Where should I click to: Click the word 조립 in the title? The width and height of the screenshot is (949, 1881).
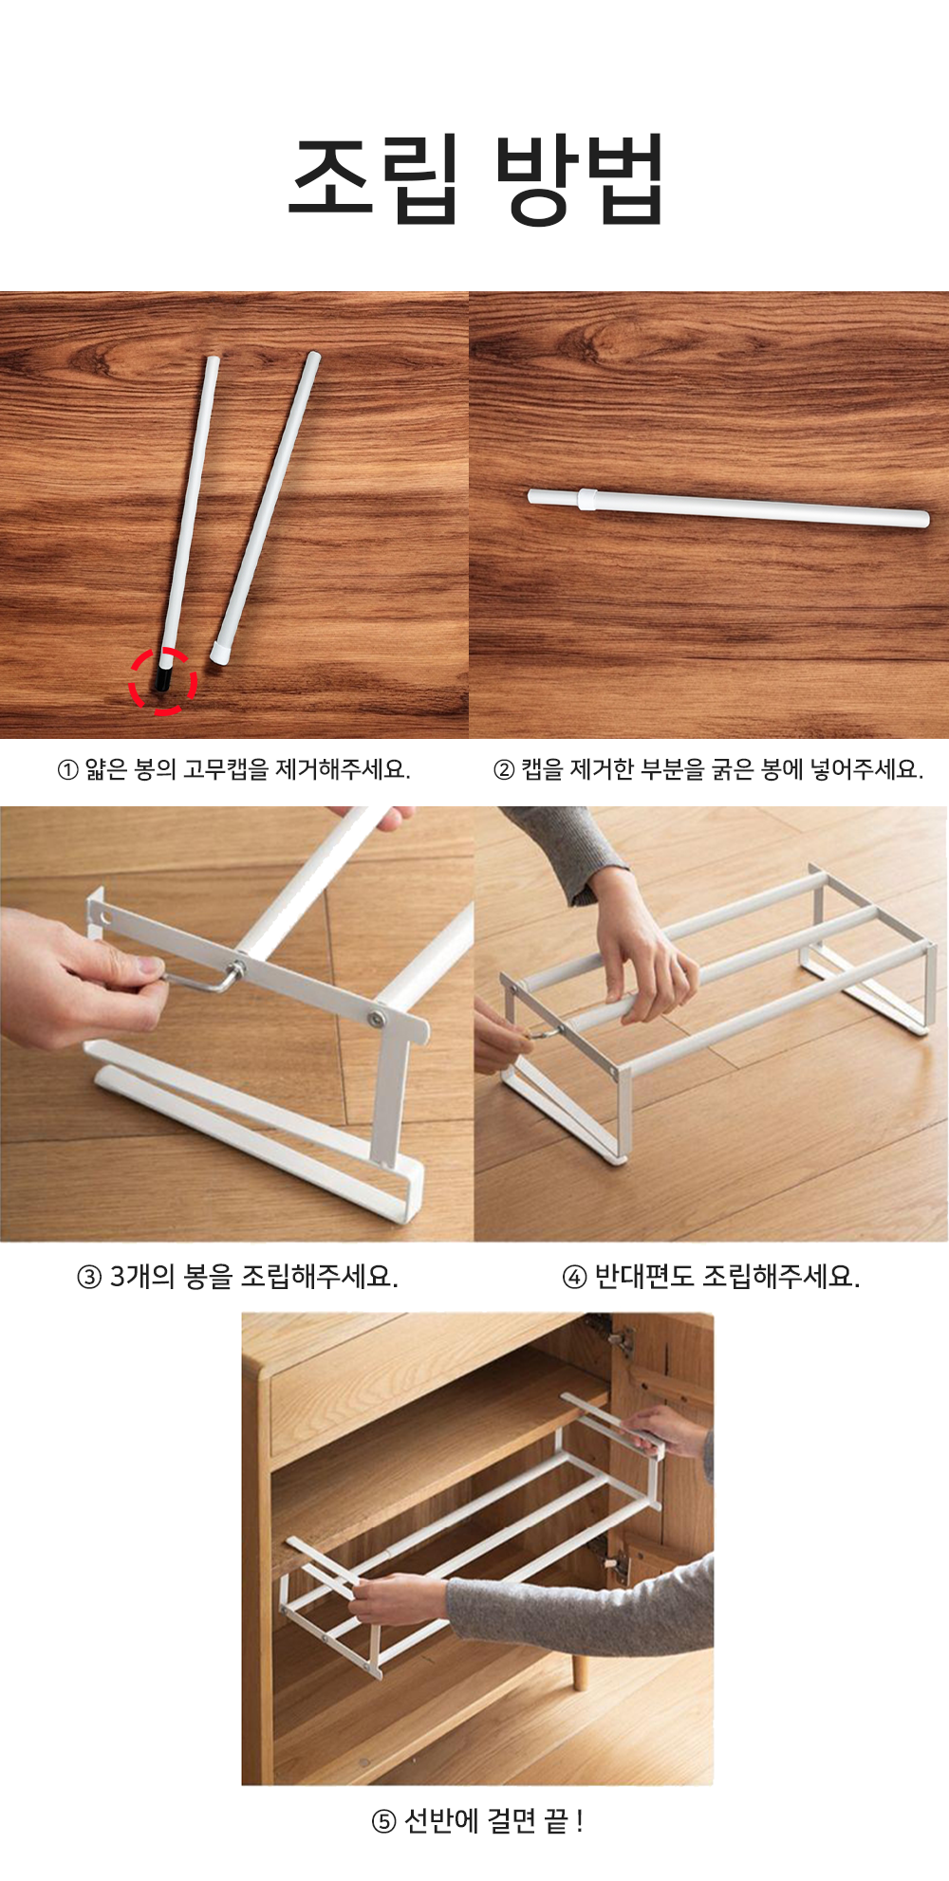[375, 178]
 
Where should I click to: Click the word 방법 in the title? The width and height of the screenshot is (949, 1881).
[579, 178]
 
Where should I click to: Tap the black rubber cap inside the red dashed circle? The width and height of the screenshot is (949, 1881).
[164, 678]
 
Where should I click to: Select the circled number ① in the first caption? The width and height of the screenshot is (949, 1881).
[68, 770]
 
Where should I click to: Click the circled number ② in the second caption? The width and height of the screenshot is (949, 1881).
[505, 770]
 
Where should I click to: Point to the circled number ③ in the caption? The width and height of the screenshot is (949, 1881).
[88, 1277]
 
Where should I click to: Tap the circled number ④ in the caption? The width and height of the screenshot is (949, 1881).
[574, 1277]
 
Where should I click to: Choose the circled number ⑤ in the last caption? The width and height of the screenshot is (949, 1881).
[383, 1821]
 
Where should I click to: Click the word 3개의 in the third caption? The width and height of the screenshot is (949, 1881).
[142, 1276]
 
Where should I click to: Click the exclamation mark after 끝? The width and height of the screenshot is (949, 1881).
[580, 1821]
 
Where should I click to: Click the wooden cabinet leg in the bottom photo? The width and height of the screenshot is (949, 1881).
[579, 1669]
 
